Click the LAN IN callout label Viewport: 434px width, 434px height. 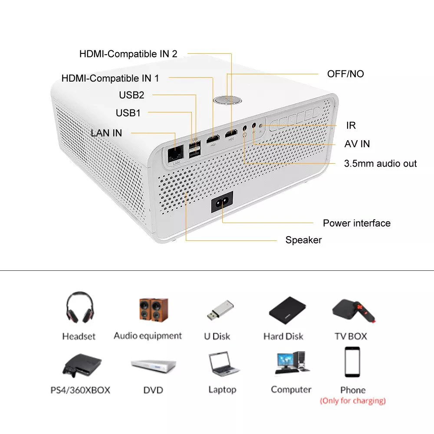[106, 133]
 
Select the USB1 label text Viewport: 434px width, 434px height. [128, 113]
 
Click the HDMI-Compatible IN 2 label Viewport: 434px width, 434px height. [128, 54]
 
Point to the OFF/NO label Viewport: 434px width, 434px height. [345, 74]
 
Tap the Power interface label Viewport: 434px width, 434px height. [356, 223]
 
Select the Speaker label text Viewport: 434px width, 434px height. [303, 240]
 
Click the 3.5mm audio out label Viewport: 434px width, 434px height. [380, 164]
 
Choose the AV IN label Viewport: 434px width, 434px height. [357, 144]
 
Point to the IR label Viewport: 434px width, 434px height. [351, 125]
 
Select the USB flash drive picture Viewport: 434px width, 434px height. [220, 310]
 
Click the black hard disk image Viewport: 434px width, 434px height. [284, 309]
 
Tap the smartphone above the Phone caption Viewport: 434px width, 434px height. [352, 362]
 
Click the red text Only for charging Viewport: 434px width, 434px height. [352, 401]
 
